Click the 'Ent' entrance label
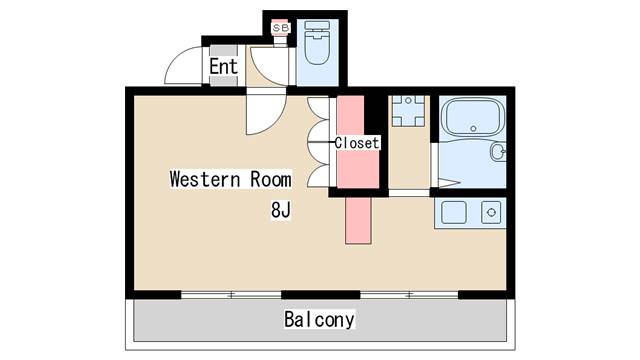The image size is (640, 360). pyautogui.click(x=223, y=67)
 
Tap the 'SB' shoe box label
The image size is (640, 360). pyautogui.click(x=281, y=29)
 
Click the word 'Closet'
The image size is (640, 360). pyautogui.click(x=357, y=143)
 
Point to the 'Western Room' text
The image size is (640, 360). pyautogui.click(x=230, y=180)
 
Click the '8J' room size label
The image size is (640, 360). pyautogui.click(x=281, y=210)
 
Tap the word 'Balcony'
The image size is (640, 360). pyautogui.click(x=319, y=320)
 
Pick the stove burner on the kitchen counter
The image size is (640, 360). pyautogui.click(x=490, y=212)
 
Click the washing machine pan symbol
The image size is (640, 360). pyautogui.click(x=408, y=112)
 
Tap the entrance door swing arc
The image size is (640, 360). pyautogui.click(x=180, y=68)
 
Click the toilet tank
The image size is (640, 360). pyautogui.click(x=318, y=27)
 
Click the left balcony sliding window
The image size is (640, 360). pyautogui.click(x=231, y=294)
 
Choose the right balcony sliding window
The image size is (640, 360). pyautogui.click(x=409, y=294)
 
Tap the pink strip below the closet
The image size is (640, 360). pyautogui.click(x=357, y=219)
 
